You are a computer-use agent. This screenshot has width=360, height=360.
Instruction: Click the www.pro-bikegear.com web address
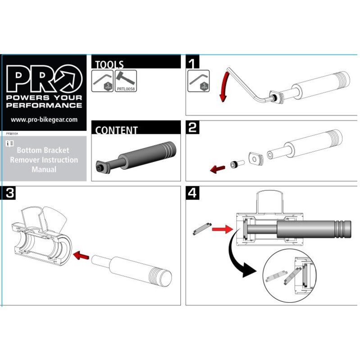click(44, 120)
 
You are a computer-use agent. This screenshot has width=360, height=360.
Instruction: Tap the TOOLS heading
click(109, 64)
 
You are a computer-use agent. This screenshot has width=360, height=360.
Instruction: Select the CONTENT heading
click(116, 130)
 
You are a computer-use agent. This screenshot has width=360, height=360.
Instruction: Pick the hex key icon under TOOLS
click(102, 81)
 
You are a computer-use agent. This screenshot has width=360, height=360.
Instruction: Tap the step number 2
click(193, 128)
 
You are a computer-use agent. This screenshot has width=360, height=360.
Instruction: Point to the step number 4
click(193, 193)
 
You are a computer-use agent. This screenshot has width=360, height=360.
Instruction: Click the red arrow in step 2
click(218, 169)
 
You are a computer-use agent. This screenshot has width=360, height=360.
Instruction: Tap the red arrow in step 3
click(81, 255)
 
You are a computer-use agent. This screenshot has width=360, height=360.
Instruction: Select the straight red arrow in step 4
click(220, 229)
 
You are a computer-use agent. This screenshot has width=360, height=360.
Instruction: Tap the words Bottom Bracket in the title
click(44, 150)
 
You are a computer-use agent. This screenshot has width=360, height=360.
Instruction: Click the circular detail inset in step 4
click(291, 277)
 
